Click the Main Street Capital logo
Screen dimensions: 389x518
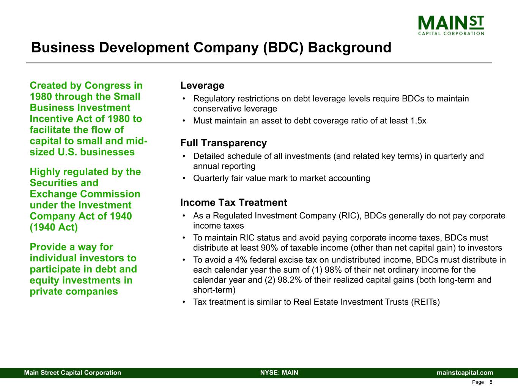(451, 25)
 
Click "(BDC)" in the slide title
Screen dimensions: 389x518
(281, 48)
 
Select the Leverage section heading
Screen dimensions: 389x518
(202, 85)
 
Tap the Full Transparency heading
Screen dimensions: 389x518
(224, 143)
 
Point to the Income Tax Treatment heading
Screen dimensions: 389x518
(233, 202)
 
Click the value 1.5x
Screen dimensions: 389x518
(418, 121)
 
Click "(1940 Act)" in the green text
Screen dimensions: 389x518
(54, 227)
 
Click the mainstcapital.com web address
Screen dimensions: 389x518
(465, 373)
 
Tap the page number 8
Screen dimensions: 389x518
(491, 382)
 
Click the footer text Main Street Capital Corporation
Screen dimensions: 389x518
(72, 373)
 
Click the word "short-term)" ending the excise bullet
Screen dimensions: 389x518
(214, 290)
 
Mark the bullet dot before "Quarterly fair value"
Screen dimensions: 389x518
(184, 179)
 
